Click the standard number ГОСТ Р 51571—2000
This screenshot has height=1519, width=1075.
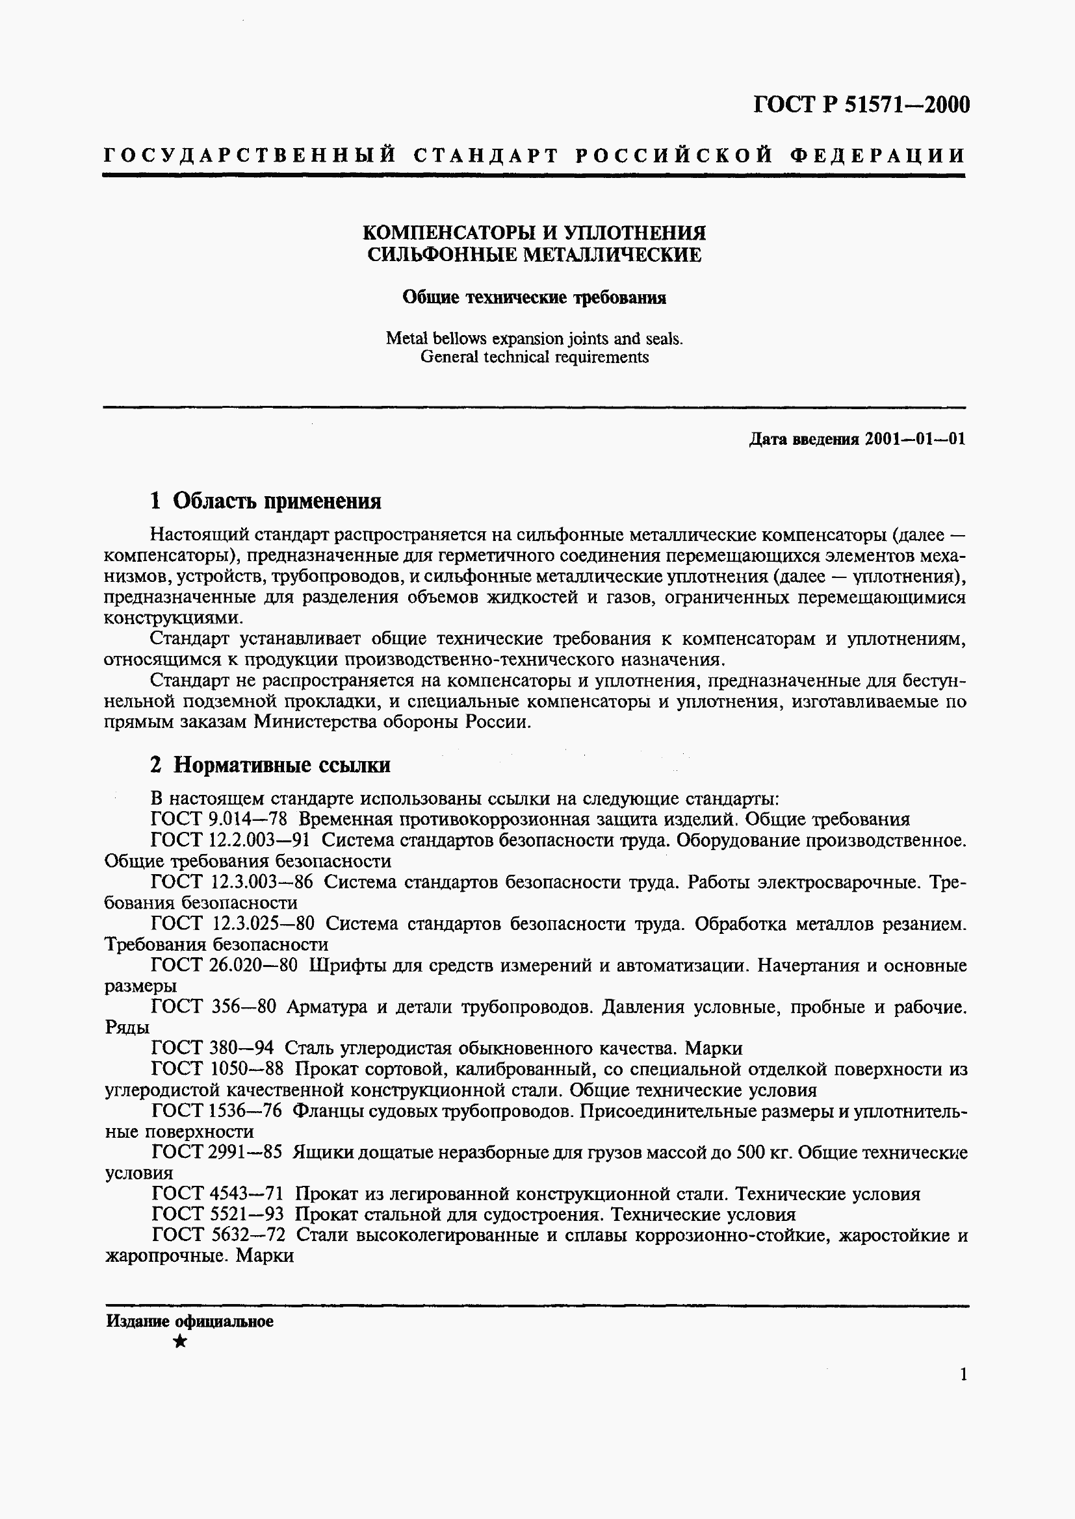(861, 105)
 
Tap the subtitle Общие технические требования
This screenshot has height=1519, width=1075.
(534, 297)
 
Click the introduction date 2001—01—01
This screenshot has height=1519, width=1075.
(915, 439)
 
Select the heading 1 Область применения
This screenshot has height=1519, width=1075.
(265, 501)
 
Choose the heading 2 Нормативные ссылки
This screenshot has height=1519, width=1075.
(270, 765)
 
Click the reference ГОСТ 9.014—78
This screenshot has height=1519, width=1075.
(218, 820)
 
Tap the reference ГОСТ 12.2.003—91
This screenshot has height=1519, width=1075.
(231, 840)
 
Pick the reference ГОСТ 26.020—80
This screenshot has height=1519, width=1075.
(224, 965)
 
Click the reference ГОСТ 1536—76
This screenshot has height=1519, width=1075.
(216, 1111)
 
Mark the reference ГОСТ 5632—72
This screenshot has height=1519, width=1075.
(218, 1235)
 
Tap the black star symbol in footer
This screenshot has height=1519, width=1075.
(179, 1342)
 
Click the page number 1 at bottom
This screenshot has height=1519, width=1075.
(963, 1375)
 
